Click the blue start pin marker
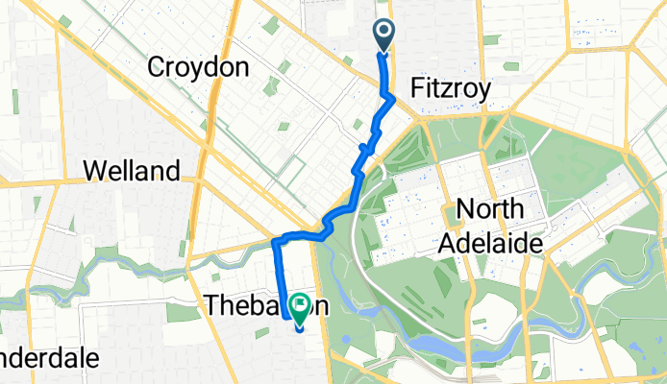[x=383, y=35]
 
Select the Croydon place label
[x=199, y=67]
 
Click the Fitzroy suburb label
[x=452, y=89]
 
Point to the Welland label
[x=132, y=172]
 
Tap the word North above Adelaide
[x=489, y=208]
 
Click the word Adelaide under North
[x=490, y=241]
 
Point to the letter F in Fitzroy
[x=418, y=89]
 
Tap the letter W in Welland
[x=94, y=172]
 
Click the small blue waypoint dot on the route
[x=363, y=147]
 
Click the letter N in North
[x=465, y=208]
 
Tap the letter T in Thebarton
[x=213, y=305]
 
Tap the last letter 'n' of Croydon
[x=241, y=67]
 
